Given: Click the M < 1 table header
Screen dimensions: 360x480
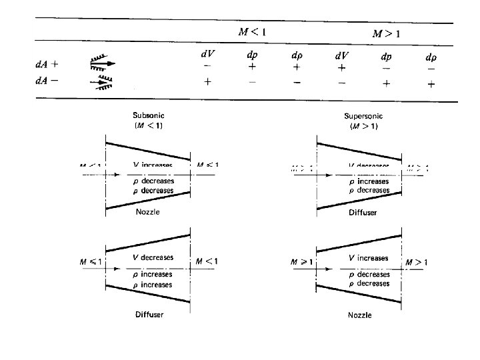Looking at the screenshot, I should (253, 31).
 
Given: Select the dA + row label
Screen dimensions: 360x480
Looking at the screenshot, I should (47, 65).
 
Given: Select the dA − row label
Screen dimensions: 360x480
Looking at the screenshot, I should (47, 81).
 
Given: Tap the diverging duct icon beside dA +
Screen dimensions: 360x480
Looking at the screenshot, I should (101, 64).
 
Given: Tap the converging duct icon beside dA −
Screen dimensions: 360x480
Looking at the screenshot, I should (101, 82).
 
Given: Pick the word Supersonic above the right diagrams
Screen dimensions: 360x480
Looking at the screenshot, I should (363, 116).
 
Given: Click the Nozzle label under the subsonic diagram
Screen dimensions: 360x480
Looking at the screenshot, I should (147, 211).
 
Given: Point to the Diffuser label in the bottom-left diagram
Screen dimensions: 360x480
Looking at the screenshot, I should (149, 314).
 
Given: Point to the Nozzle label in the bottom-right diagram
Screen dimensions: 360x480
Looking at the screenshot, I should (360, 315).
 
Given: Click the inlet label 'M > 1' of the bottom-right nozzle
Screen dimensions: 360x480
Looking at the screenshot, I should (302, 263).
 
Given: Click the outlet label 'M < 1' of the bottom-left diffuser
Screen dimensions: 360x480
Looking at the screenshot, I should (205, 262).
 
